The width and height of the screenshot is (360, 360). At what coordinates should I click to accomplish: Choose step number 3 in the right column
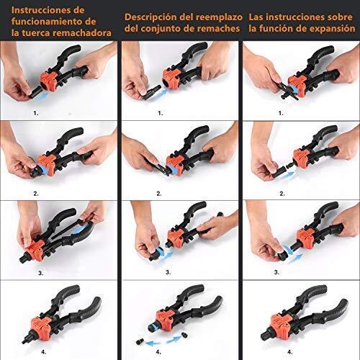pos(282,273)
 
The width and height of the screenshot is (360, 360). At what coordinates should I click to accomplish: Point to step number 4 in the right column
pos(282,352)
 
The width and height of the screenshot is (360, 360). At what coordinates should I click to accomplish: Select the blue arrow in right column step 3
pos(288,253)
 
